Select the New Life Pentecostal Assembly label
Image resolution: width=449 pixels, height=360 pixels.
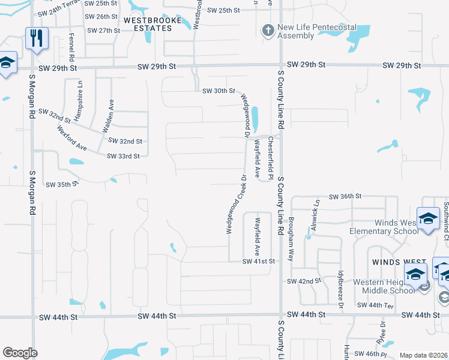point(317,32)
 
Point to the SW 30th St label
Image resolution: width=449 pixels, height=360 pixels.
point(218,91)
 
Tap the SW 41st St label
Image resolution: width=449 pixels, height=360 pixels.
point(258,262)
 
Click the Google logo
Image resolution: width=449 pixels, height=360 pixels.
point(20,353)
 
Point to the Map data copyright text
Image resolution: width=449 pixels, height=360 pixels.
point(423,355)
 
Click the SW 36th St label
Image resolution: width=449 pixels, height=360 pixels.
point(345,196)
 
